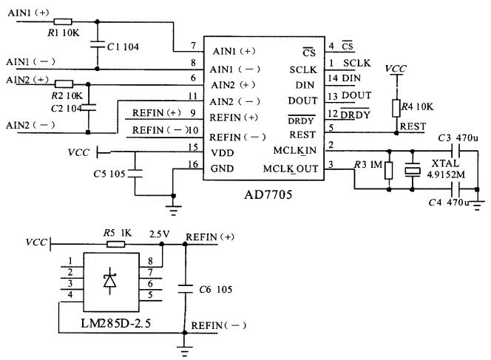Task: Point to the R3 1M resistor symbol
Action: tap(390, 171)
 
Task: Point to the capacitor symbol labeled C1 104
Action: tap(95, 46)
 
